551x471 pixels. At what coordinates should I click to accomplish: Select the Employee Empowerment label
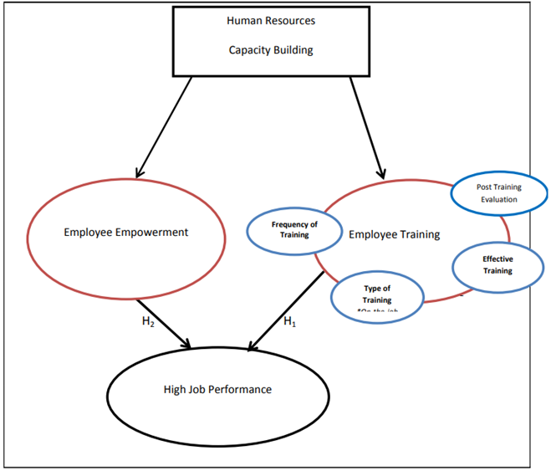(126, 232)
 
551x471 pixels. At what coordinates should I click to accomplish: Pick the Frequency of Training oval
(293, 229)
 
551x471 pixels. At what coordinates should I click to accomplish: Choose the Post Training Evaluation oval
(497, 193)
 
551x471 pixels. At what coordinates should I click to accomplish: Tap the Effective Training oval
(497, 265)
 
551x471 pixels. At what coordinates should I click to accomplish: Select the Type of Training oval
(376, 294)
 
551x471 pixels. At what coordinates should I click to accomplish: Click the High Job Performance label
(217, 389)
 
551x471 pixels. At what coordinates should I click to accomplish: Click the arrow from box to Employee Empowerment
(163, 125)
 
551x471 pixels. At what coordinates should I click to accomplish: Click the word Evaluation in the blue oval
(497, 199)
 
